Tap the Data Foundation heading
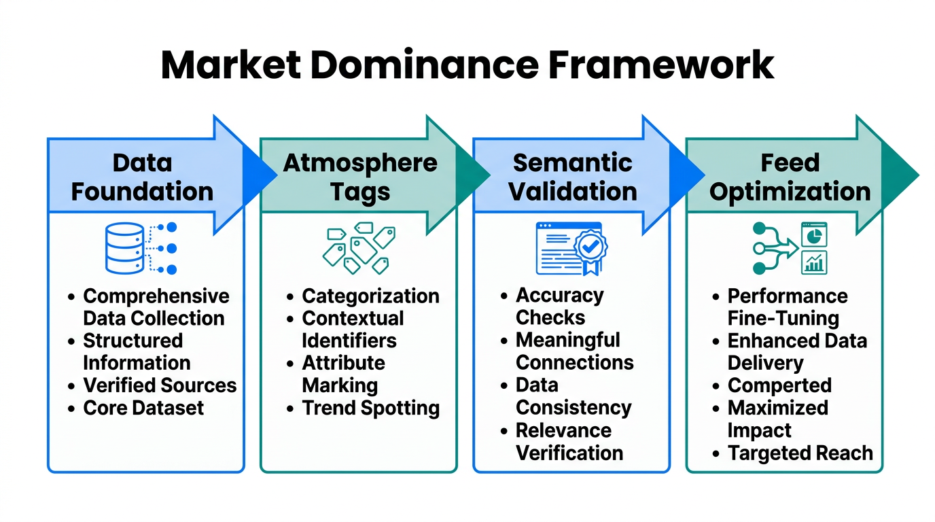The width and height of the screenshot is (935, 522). coord(142,177)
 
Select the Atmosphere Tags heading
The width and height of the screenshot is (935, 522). coord(360,177)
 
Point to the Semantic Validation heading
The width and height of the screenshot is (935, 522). coord(573,177)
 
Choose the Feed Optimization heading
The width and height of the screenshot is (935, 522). coord(790,177)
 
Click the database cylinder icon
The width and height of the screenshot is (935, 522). coord(125,249)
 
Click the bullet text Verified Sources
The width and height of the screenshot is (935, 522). coord(160,385)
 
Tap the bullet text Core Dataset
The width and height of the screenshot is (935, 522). coord(143,408)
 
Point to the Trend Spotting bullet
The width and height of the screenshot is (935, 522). coord(370,408)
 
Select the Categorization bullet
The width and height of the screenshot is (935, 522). coord(370,296)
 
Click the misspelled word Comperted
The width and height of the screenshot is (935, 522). coord(779,385)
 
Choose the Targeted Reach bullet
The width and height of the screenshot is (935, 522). coord(800,453)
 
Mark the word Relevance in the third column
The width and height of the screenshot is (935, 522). coord(563,430)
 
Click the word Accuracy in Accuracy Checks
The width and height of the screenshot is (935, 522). coord(559,296)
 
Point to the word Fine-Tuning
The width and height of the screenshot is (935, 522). coord(783,318)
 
